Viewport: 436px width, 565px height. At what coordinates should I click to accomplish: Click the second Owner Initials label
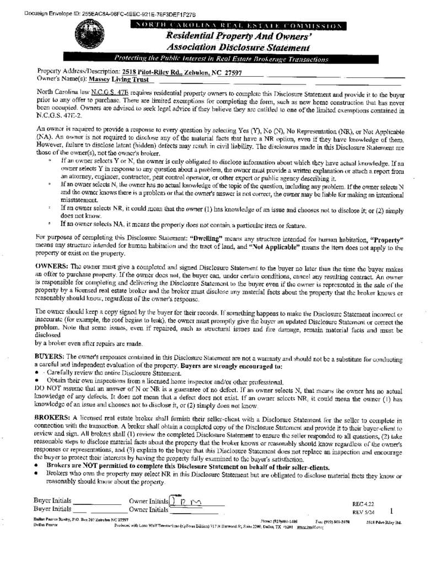[x=148, y=510]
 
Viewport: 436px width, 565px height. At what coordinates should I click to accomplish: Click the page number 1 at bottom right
[x=391, y=510]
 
